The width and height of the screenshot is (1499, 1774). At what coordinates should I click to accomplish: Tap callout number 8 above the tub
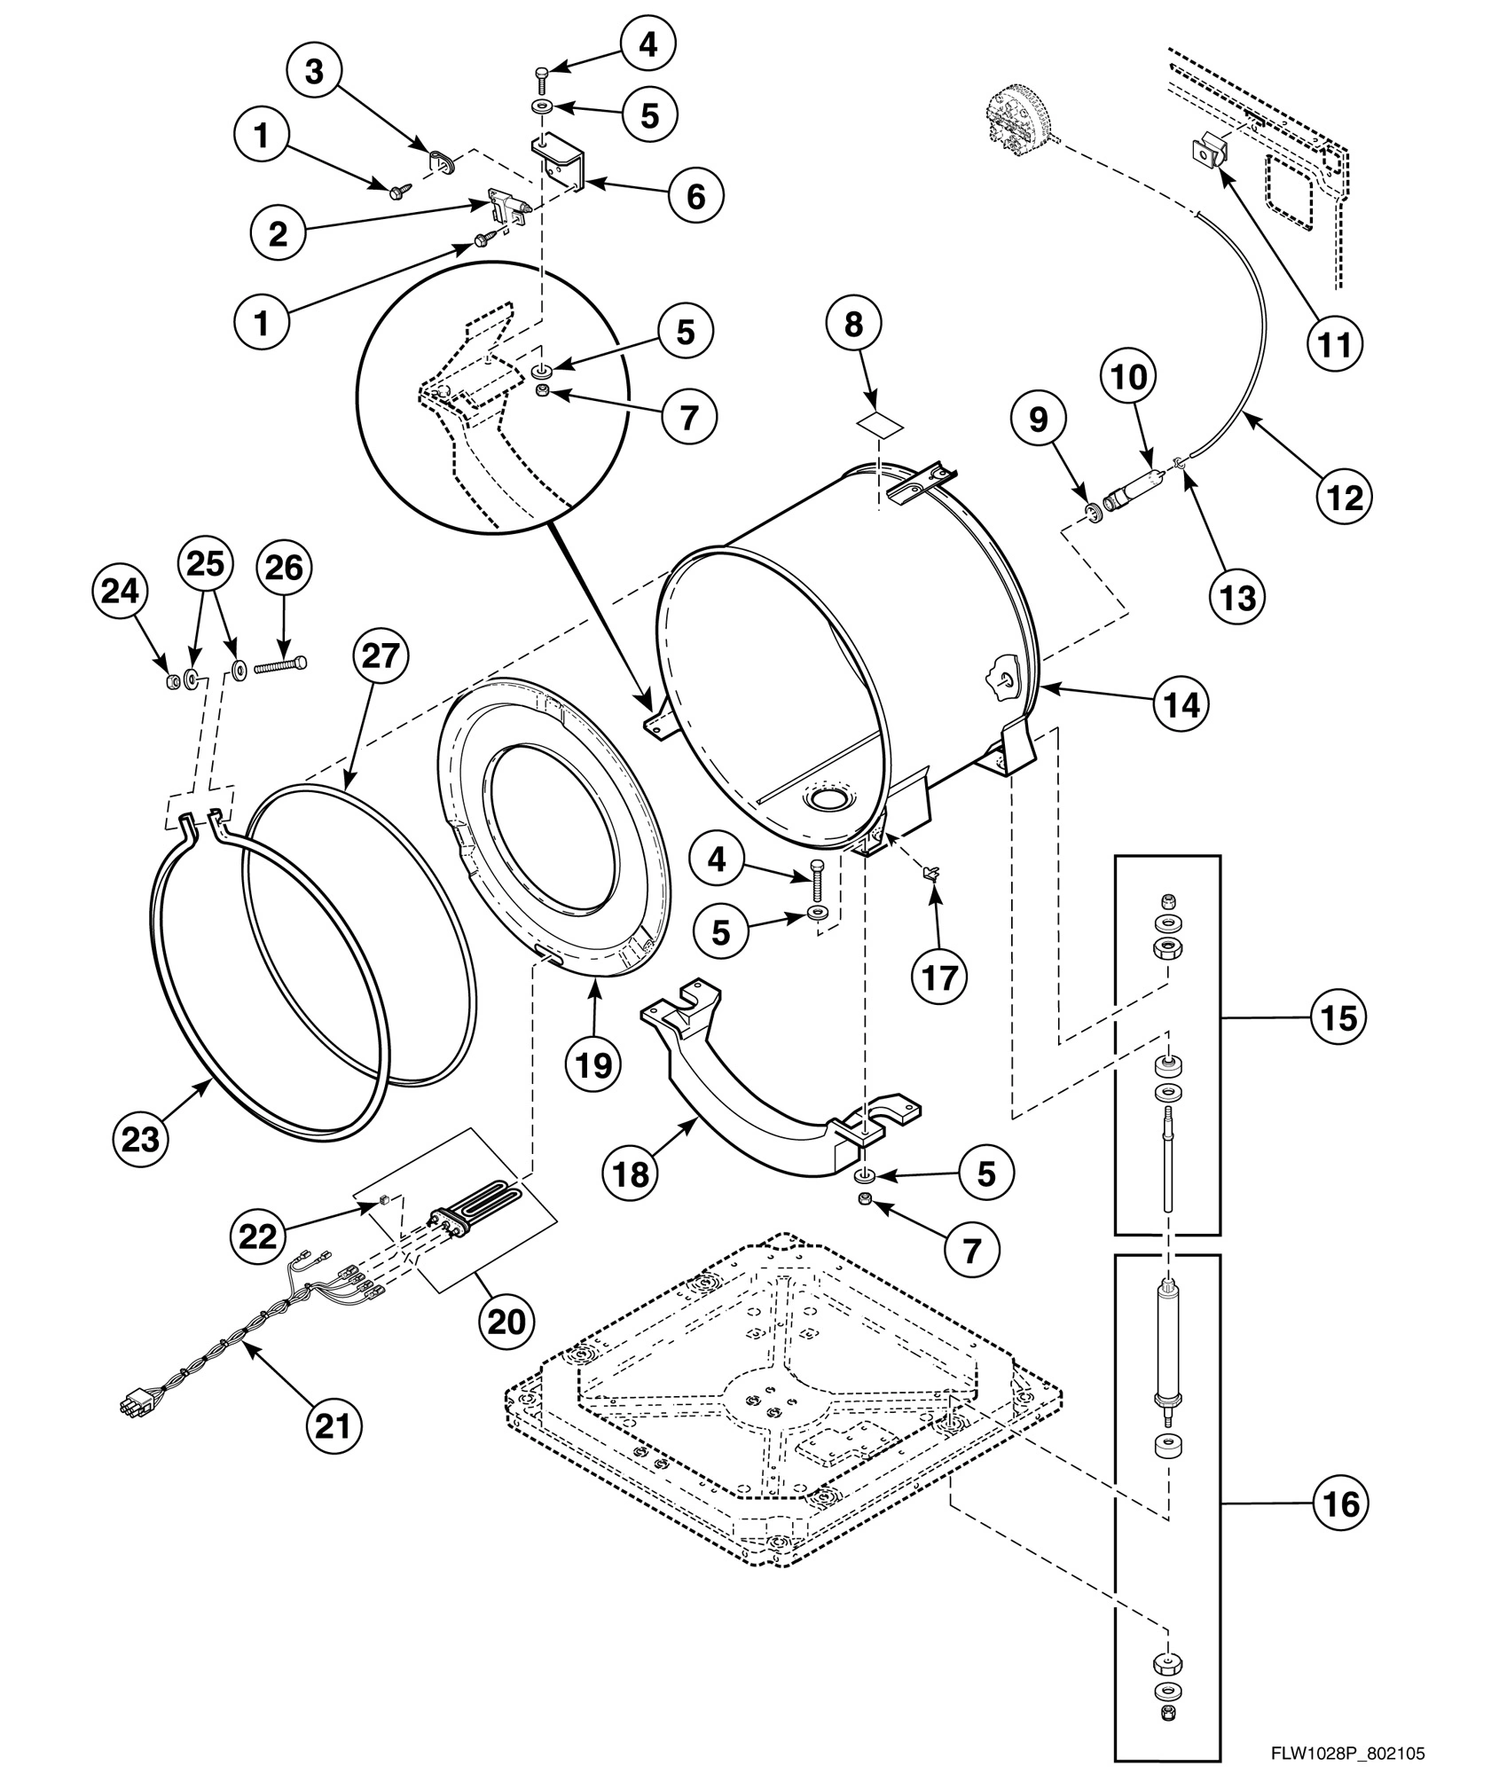pos(852,325)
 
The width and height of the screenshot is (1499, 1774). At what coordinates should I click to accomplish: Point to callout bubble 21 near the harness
pos(334,1425)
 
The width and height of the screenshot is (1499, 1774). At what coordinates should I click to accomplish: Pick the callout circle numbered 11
pos(1335,344)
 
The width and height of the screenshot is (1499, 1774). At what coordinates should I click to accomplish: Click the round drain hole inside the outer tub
pos(826,799)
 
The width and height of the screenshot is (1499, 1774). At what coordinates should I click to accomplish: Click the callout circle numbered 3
pos(314,72)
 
